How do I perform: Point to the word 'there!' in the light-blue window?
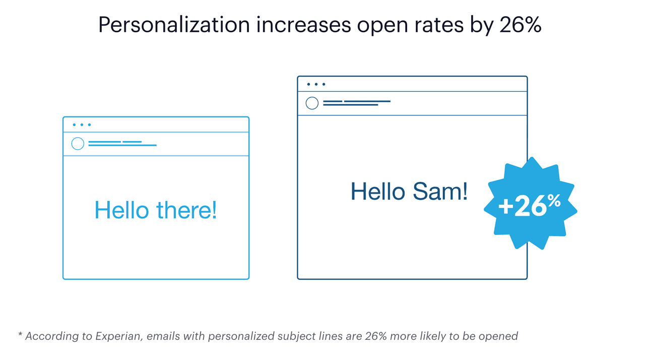186,210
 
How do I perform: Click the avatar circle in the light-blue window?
78,144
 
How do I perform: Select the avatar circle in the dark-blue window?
312,103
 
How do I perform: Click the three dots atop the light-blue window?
82,125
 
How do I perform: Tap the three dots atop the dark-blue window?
316,84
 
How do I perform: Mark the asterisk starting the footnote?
20,335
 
